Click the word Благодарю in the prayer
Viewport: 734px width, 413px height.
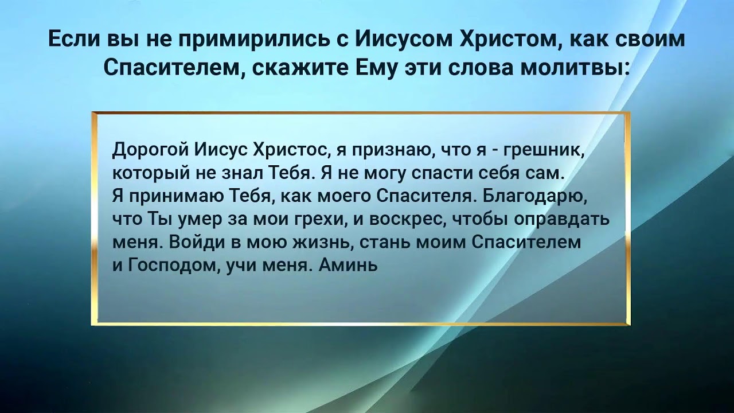click(536, 196)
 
